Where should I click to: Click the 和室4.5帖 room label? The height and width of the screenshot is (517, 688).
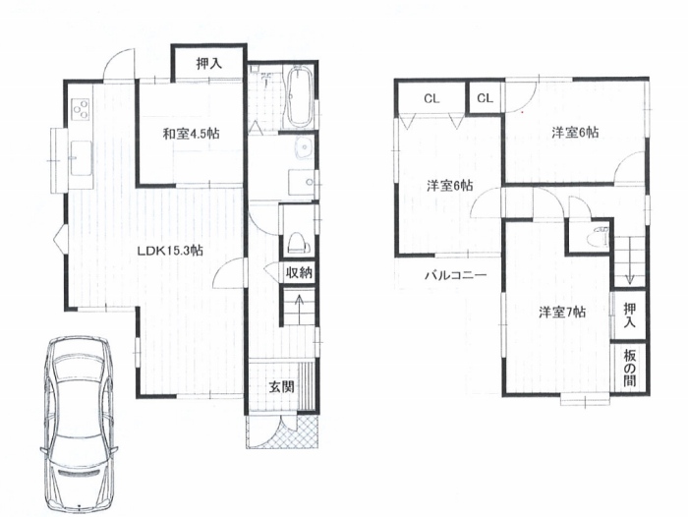tap(192, 134)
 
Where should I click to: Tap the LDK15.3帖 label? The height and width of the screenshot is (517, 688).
tap(170, 251)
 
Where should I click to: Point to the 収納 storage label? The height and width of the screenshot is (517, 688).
tap(299, 273)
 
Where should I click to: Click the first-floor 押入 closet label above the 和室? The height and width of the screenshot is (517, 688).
tap(208, 64)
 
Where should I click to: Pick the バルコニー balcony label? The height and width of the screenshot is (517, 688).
tap(455, 275)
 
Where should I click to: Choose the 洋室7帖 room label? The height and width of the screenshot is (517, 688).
tap(562, 313)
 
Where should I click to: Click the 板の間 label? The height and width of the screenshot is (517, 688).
tap(630, 369)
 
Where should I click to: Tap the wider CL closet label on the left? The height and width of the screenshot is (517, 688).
tap(431, 98)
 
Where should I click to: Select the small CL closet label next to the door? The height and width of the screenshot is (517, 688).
tap(485, 98)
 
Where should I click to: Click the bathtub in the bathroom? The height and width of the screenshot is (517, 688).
tap(300, 96)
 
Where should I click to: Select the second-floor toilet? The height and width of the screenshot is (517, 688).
tap(599, 237)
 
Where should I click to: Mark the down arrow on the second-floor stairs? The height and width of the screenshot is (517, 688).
tap(629, 260)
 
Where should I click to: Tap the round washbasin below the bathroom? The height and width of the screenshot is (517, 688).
tap(303, 147)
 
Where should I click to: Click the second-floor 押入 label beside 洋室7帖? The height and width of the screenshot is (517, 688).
tap(630, 316)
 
